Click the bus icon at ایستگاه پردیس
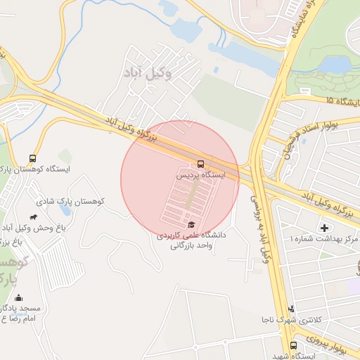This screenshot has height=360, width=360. (x=201, y=160)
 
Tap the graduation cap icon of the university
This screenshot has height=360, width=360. (x=191, y=224)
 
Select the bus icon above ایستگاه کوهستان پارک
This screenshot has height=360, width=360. (x=32, y=158)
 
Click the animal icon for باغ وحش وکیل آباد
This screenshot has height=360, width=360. (x=34, y=217)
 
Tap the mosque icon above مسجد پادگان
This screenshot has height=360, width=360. (x=18, y=298)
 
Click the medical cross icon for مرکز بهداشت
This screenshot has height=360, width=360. (x=324, y=227)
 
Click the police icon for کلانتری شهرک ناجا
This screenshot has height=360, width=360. (x=292, y=308)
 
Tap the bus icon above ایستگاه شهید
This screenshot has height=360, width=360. (x=293, y=345)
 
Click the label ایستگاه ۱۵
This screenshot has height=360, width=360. (x=342, y=102)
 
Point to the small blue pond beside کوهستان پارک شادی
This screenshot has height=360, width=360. (x=65, y=210)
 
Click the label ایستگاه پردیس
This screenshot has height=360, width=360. (x=204, y=173)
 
